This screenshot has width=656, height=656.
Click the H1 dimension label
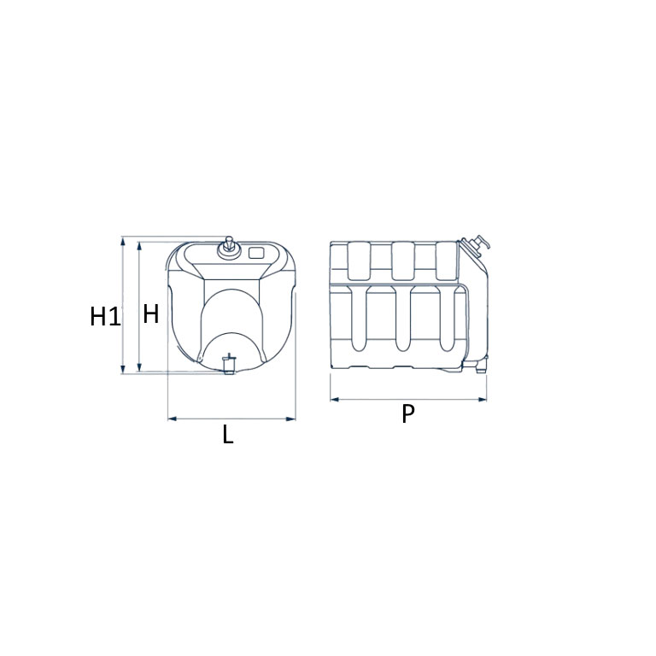(x=105, y=316)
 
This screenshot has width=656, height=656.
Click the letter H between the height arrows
(x=151, y=313)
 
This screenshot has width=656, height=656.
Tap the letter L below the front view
(x=227, y=434)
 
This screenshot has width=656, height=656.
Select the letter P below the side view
(x=408, y=413)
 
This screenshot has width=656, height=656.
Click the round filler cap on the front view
(x=229, y=249)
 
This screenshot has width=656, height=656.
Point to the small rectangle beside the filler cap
(x=256, y=253)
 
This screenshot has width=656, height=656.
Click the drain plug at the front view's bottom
(x=228, y=364)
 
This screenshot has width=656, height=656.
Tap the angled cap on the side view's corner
(x=475, y=245)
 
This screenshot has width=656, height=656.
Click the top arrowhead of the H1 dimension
(x=123, y=241)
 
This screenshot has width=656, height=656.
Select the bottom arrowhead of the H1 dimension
(x=123, y=369)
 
